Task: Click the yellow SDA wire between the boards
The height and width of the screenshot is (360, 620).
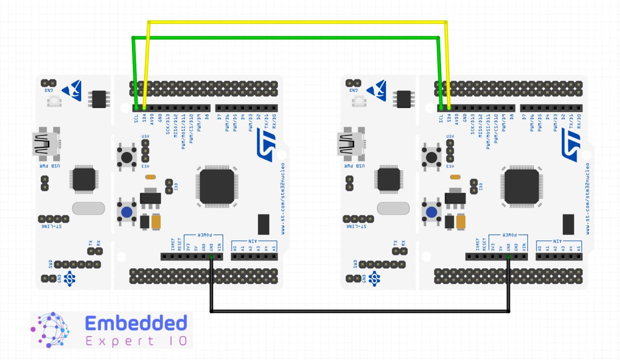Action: tap(297, 22)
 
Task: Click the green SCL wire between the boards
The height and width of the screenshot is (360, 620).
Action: tap(285, 38)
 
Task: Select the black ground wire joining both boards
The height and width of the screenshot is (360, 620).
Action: tap(359, 311)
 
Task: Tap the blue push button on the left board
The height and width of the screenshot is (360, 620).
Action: tap(127, 212)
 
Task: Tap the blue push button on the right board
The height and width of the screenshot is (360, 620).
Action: tap(431, 212)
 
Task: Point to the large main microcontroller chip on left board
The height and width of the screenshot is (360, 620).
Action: tap(217, 186)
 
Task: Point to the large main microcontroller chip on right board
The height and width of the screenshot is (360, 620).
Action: tap(522, 186)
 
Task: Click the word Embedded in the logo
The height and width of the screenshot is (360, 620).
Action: tap(136, 324)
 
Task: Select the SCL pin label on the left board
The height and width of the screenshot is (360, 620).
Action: tap(136, 119)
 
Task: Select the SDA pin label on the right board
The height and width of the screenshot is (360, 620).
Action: tap(449, 118)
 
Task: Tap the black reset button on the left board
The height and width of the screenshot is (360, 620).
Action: tap(127, 157)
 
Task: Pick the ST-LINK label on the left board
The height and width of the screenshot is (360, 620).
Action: tap(52, 226)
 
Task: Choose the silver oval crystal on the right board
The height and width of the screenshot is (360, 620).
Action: tap(393, 208)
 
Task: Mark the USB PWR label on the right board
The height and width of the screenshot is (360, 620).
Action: tap(354, 166)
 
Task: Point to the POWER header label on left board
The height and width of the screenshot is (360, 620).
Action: tap(205, 235)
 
